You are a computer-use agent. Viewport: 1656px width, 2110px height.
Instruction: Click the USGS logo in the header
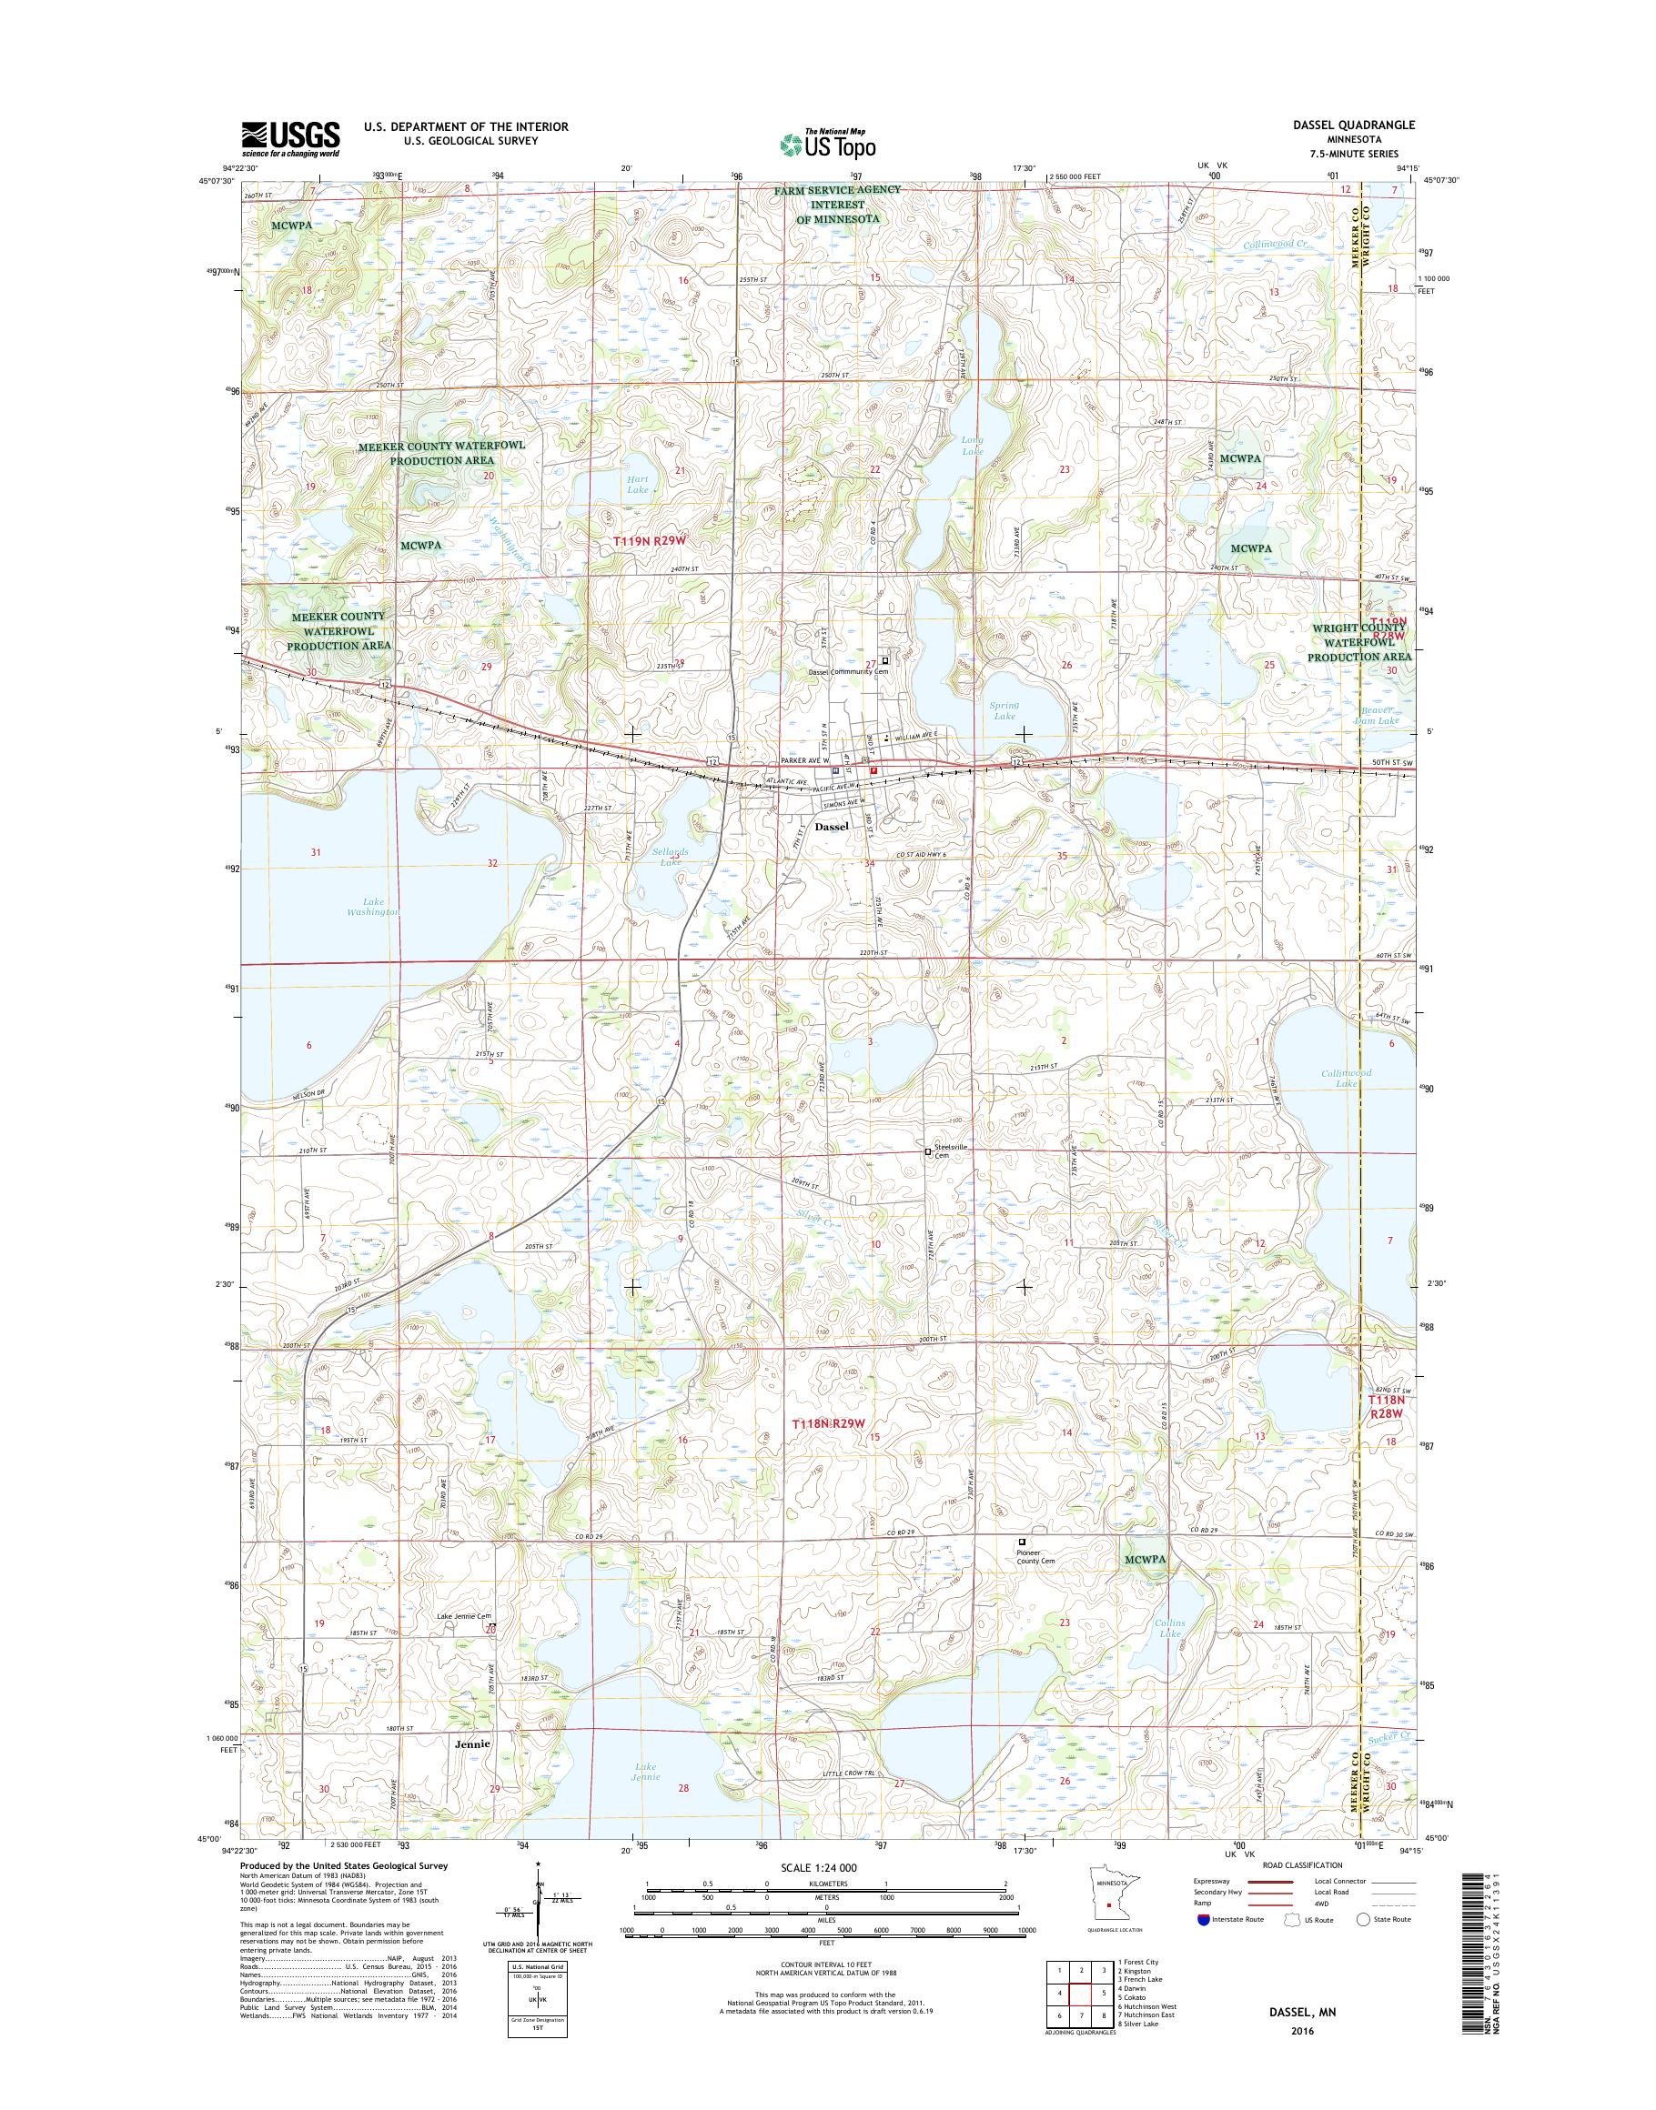(290, 138)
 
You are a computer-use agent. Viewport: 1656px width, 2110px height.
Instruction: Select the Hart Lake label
(637, 485)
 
